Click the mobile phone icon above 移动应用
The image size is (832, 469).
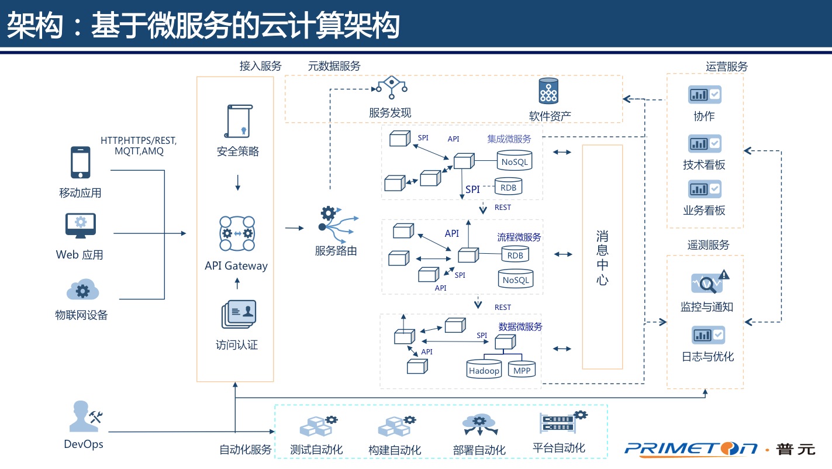point(81,162)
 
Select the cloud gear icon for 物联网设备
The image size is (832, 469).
point(81,289)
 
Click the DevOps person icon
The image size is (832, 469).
point(83,416)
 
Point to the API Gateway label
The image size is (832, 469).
point(236,265)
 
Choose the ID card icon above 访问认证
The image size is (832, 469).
point(238,314)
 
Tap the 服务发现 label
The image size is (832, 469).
point(390,113)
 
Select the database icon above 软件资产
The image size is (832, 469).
point(549,91)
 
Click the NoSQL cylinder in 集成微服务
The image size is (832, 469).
point(515,160)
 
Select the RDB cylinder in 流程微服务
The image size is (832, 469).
point(515,254)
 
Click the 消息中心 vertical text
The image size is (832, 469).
point(602,257)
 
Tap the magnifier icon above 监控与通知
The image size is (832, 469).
point(707,283)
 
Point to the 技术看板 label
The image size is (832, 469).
point(704,165)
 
